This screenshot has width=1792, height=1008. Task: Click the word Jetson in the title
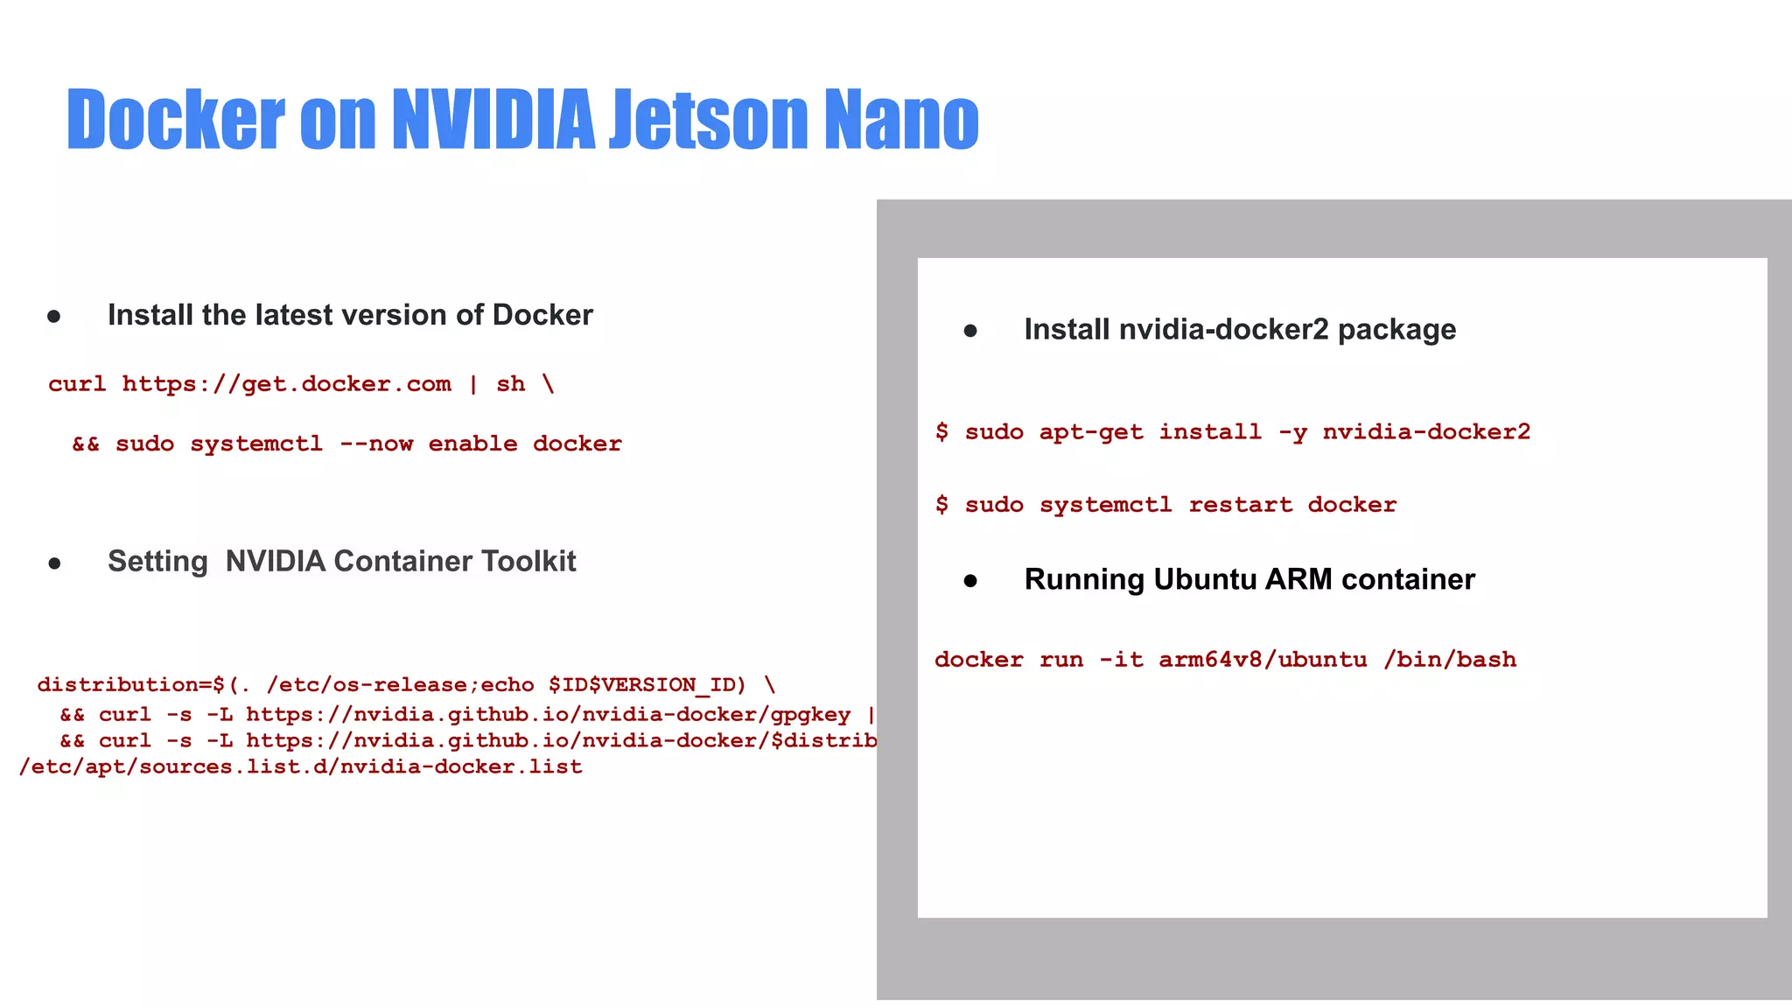point(707,119)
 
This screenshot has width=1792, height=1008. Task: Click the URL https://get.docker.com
point(286,384)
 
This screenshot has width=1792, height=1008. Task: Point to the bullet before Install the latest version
point(54,316)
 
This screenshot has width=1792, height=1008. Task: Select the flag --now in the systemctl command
point(376,444)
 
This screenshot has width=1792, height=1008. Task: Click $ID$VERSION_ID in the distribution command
point(647,684)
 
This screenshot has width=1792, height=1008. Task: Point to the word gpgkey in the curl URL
point(810,715)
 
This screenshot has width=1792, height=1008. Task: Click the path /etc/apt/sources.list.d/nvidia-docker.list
point(301,767)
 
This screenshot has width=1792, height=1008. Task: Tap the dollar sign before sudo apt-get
point(941,431)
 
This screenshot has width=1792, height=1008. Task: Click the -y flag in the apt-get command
point(1292,432)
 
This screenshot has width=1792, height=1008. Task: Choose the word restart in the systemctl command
point(1240,505)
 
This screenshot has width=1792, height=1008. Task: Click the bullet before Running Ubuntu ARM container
point(970,580)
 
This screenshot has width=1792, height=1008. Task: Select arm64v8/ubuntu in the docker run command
point(1262,660)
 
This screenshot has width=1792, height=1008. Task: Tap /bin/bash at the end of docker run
point(1450,660)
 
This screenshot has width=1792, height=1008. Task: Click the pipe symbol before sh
point(473,384)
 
